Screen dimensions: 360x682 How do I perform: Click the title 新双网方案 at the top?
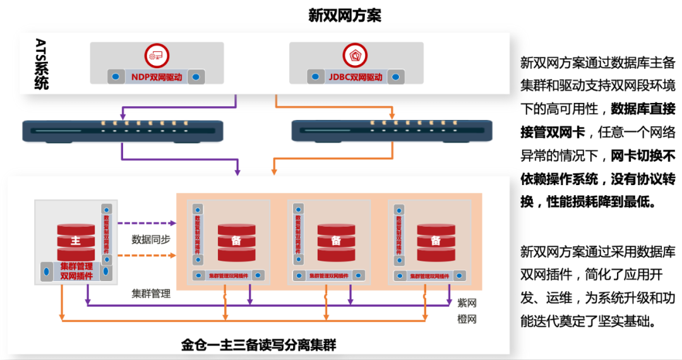[344, 15]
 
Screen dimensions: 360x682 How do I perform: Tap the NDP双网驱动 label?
[156, 77]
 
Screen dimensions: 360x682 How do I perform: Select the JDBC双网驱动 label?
[356, 77]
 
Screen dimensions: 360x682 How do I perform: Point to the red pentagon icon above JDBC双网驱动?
[356, 56]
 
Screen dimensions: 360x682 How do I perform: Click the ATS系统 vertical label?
[42, 63]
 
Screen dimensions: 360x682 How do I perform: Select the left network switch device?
[122, 130]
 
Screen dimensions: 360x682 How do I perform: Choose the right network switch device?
[392, 130]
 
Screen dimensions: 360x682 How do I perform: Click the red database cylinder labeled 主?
[76, 241]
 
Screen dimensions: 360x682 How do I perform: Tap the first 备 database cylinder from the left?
[237, 241]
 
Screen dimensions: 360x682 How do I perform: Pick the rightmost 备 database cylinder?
[436, 241]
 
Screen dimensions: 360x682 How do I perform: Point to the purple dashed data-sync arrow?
[147, 223]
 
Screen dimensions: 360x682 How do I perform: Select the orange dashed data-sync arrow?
[147, 256]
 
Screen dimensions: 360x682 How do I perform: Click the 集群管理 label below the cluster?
[151, 294]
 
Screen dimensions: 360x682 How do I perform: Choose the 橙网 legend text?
[467, 320]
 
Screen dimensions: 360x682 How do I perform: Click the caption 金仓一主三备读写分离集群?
[258, 345]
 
